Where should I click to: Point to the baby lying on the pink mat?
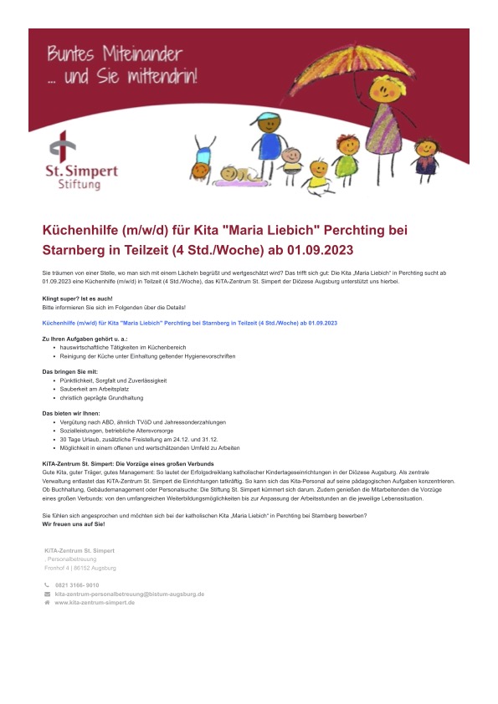(x=237, y=175)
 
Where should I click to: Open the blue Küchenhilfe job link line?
(x=189, y=322)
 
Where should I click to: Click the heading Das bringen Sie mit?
(x=70, y=370)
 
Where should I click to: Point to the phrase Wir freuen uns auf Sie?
(x=74, y=524)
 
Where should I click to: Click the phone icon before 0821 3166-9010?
(x=47, y=585)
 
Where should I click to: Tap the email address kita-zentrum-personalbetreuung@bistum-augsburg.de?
(x=130, y=594)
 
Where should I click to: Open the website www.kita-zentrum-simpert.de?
(x=95, y=602)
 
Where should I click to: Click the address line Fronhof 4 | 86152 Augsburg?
(x=80, y=568)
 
